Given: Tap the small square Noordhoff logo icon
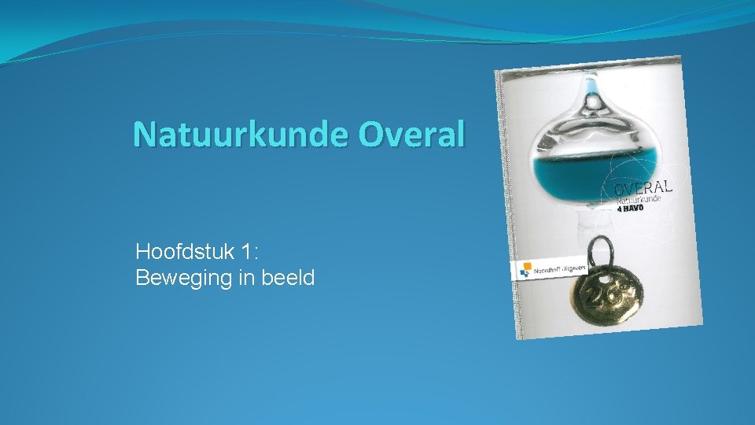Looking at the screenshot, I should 525,271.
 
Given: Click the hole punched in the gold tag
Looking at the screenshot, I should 604,278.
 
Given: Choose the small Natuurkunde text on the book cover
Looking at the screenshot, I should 639,200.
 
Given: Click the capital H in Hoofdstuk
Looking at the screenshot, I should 142,252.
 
